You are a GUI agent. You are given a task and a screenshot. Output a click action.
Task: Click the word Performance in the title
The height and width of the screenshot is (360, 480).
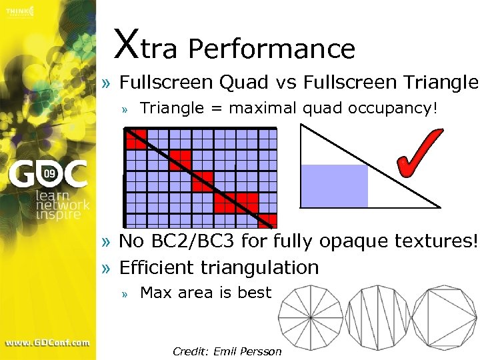271,49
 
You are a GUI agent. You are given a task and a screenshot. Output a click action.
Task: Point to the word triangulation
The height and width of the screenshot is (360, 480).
267,267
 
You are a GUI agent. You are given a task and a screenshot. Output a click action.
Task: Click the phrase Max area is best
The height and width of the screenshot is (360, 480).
206,293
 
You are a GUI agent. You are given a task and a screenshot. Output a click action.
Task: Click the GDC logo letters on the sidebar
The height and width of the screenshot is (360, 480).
47,175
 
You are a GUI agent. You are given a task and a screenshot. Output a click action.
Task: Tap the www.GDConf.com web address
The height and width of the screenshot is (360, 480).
47,343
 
